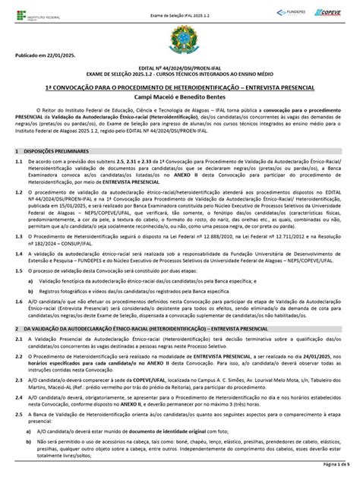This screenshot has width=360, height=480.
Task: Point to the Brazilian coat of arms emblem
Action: coord(179,38)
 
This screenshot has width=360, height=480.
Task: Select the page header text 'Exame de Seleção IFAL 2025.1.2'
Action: coord(179,8)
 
